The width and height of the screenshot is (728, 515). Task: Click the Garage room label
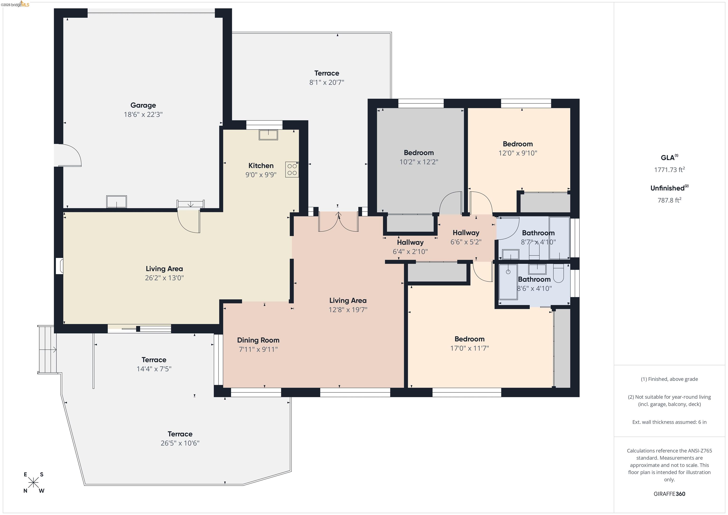(x=143, y=105)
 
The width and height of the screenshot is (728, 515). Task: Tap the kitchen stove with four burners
(x=292, y=170)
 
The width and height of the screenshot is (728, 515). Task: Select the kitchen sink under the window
(x=268, y=135)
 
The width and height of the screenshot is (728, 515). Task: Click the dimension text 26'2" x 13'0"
(x=164, y=278)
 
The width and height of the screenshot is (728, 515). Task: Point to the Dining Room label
(x=258, y=340)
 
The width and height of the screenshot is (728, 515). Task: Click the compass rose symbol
(x=33, y=483)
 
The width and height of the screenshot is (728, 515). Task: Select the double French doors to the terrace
(x=338, y=222)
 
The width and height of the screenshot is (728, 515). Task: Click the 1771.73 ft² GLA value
(x=669, y=170)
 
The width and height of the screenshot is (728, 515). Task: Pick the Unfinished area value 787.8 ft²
(x=669, y=200)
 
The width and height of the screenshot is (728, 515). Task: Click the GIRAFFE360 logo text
(x=669, y=494)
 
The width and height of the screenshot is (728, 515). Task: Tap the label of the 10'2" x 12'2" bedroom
(x=419, y=153)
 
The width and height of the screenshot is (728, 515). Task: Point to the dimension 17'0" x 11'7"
(x=469, y=348)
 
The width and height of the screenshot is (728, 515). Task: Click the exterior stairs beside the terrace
(x=47, y=349)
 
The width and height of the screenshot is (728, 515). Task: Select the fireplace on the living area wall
(x=59, y=266)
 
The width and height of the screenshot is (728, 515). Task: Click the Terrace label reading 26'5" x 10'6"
(x=180, y=434)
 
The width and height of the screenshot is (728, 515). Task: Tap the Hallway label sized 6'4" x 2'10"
(x=410, y=242)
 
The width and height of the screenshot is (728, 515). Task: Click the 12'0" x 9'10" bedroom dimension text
(x=518, y=153)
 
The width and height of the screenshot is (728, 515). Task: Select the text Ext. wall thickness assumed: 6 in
(x=669, y=422)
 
